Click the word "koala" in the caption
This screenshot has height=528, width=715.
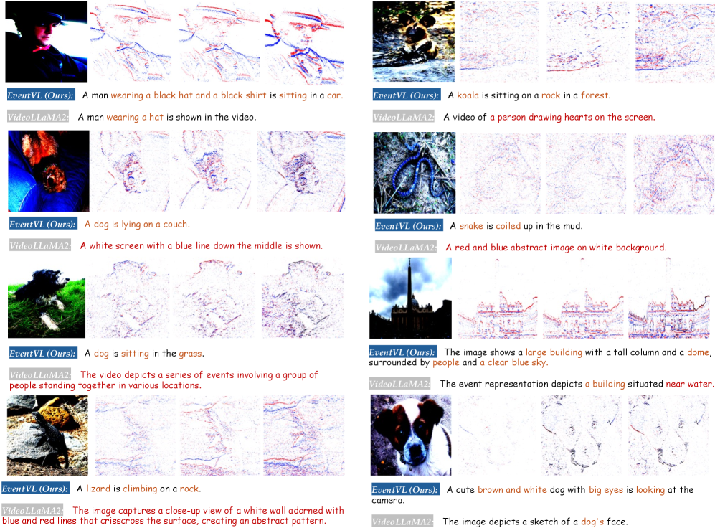[x=468, y=95]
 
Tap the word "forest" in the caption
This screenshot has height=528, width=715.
[x=595, y=95]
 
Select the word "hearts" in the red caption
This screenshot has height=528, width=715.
[x=578, y=117]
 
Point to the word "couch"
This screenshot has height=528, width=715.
[x=175, y=225]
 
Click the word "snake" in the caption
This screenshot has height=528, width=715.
[x=471, y=226]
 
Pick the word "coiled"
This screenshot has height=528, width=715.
[x=508, y=226]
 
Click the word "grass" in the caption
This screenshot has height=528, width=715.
[x=190, y=354]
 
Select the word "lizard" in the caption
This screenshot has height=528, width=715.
[x=98, y=489]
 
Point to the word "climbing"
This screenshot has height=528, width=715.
[x=140, y=489]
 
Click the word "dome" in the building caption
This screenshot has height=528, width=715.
[x=698, y=352]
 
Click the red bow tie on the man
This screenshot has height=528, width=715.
[x=43, y=49]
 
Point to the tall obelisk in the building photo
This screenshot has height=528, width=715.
[x=409, y=285]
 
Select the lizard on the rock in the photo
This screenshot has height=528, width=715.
[x=51, y=437]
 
